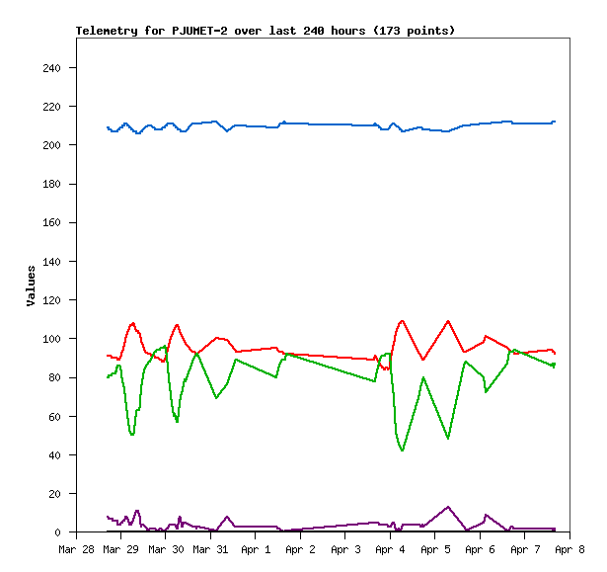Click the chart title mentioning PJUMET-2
point(266,31)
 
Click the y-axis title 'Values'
point(31,286)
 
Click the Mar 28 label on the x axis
point(76,549)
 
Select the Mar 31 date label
point(209,549)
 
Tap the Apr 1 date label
point(256,549)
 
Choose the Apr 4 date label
point(390,549)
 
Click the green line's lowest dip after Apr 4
point(402,450)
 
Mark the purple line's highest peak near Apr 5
point(448,507)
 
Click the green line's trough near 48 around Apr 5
point(448,438)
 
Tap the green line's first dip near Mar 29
point(132,435)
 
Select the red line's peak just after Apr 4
point(402,320)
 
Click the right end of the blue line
point(555,122)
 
